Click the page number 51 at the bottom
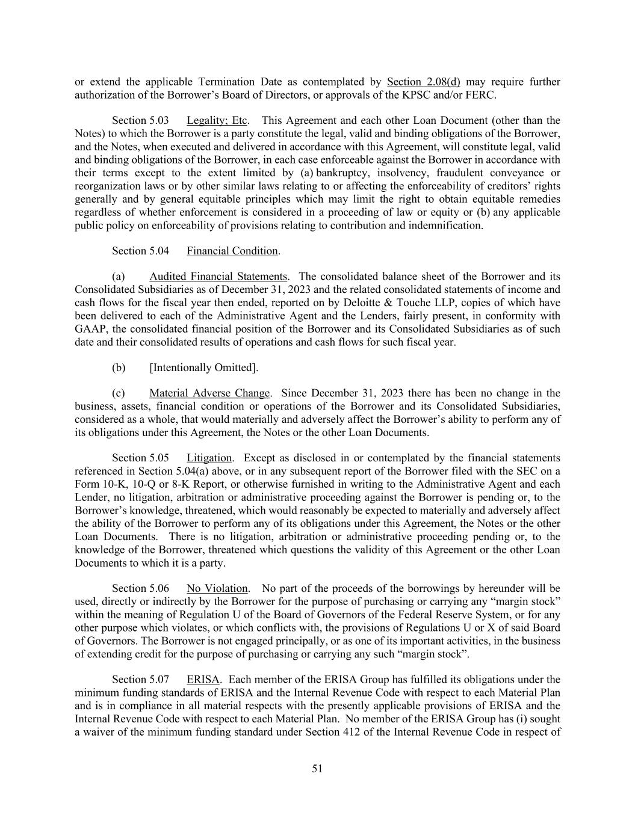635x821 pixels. (317, 768)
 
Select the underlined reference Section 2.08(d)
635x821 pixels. (423, 82)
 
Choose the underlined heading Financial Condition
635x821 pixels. (232, 251)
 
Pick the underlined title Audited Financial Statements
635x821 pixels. (218, 277)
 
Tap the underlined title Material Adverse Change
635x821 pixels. (209, 393)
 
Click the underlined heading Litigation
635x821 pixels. (209, 458)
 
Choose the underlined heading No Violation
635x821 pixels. (217, 588)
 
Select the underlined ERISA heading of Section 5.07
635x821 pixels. (203, 680)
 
